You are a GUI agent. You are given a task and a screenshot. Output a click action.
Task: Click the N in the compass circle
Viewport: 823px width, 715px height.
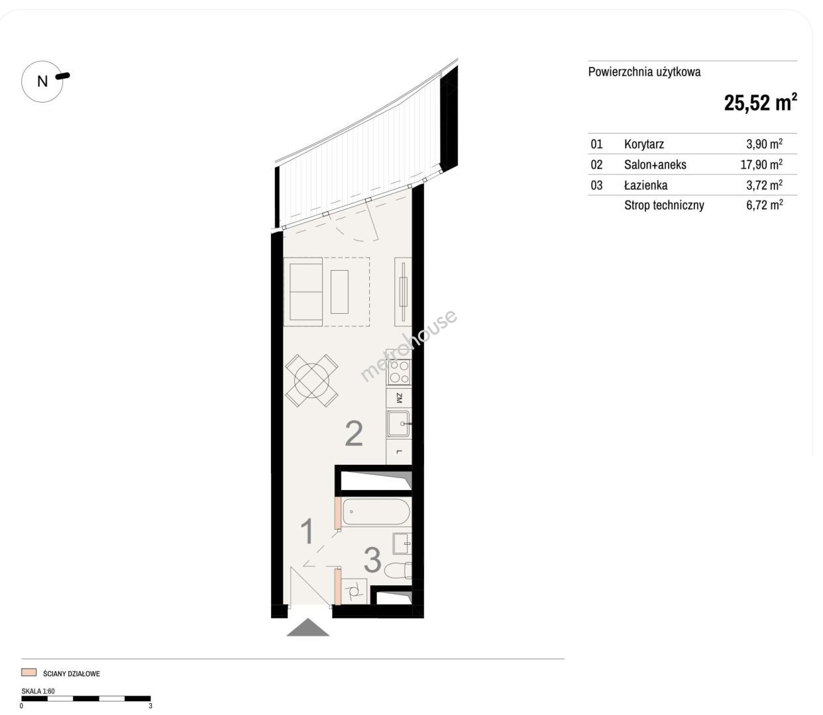pyautogui.click(x=42, y=81)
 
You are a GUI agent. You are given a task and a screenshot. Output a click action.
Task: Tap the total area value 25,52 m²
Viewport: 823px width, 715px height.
pyautogui.click(x=760, y=103)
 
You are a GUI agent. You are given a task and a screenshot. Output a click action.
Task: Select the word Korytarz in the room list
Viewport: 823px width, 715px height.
pyautogui.click(x=644, y=144)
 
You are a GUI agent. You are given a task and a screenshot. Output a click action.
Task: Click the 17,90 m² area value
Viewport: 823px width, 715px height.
pyautogui.click(x=761, y=164)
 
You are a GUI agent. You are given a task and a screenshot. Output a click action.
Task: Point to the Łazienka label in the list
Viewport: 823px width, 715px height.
pyautogui.click(x=645, y=185)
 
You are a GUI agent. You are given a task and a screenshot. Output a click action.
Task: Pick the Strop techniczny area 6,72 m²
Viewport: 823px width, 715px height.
pyautogui.click(x=764, y=205)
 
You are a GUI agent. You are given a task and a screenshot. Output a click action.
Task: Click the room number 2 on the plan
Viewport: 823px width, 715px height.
pyautogui.click(x=354, y=434)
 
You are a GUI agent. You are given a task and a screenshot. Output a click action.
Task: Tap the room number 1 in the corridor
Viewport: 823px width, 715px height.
pyautogui.click(x=307, y=531)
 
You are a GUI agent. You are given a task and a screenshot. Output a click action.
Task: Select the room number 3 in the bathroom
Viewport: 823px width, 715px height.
pyautogui.click(x=372, y=560)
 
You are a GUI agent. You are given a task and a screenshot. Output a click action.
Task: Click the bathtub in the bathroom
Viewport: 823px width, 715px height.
pyautogui.click(x=376, y=512)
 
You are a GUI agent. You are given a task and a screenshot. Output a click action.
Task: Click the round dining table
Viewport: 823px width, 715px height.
pyautogui.click(x=311, y=380)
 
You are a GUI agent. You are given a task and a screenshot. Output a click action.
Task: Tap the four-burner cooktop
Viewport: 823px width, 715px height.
pyautogui.click(x=399, y=372)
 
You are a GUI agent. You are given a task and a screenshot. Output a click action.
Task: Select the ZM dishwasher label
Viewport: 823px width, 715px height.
pyautogui.click(x=399, y=398)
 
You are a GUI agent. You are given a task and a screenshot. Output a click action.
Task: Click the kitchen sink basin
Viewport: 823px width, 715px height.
pyautogui.click(x=398, y=424)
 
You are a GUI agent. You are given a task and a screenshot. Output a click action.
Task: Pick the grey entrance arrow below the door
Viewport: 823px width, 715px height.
pyautogui.click(x=307, y=628)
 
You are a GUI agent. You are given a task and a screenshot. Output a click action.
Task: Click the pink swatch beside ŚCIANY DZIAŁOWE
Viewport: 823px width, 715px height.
pyautogui.click(x=29, y=673)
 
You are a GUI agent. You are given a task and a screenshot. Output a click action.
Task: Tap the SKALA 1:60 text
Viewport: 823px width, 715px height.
pyautogui.click(x=38, y=691)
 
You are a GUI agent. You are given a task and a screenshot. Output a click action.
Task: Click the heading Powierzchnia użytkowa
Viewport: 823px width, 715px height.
pyautogui.click(x=644, y=72)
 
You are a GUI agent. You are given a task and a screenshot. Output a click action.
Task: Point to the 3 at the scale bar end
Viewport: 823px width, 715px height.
pyautogui.click(x=150, y=706)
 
